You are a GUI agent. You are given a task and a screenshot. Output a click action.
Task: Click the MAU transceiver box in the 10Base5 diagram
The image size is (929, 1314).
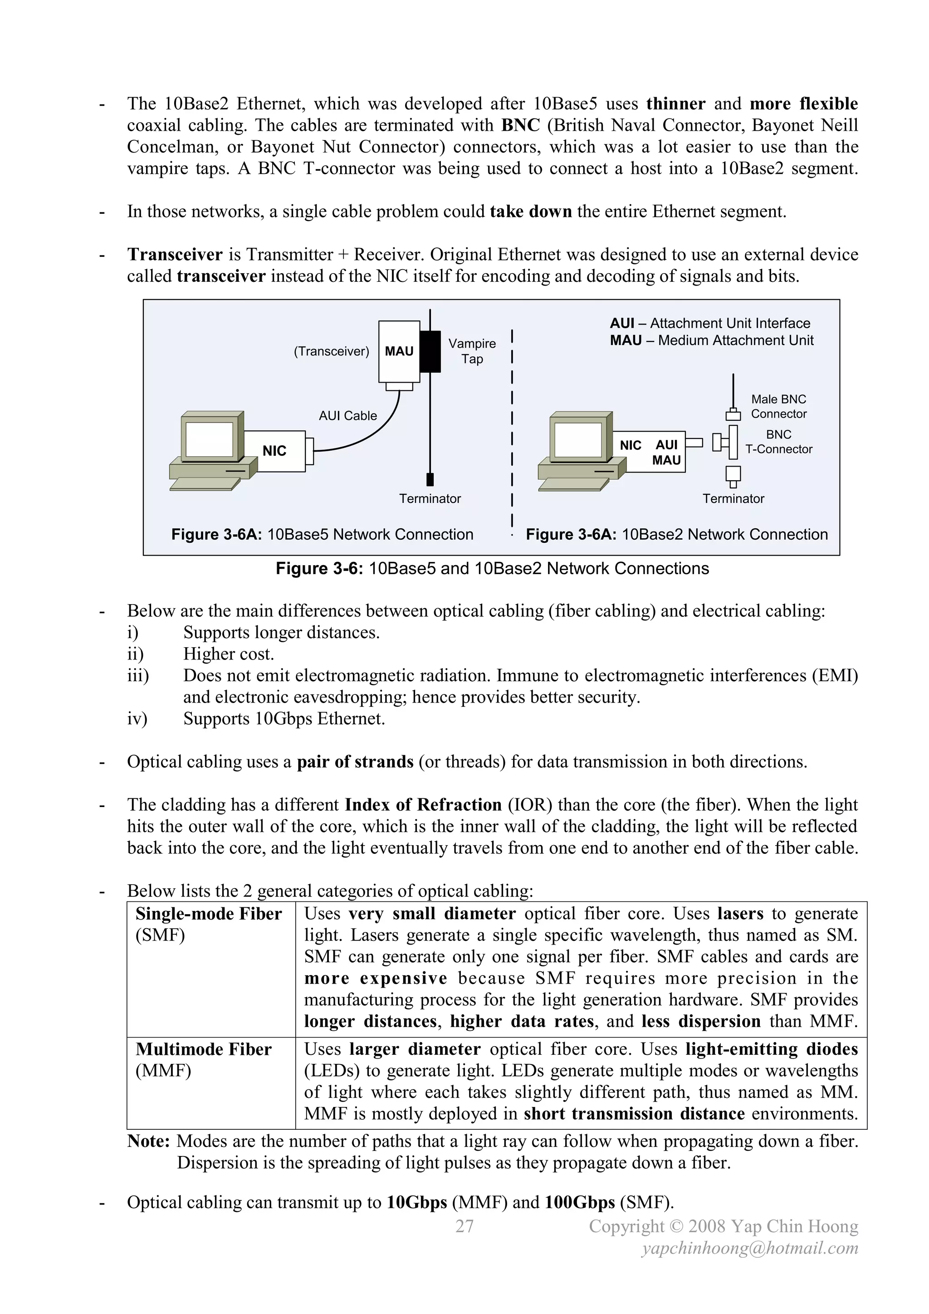pos(399,351)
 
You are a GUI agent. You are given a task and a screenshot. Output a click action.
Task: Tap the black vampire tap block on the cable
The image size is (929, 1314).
pos(430,351)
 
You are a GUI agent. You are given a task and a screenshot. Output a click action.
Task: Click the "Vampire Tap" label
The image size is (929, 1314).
pos(472,351)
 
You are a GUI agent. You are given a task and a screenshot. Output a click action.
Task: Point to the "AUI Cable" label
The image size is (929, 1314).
pos(348,415)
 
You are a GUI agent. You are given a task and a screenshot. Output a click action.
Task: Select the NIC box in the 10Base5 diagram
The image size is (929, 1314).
pos(274,451)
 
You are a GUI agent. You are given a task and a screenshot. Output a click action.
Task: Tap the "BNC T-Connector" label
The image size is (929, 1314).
pos(778,442)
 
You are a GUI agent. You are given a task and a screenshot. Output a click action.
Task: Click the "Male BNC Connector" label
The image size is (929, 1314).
pos(778,406)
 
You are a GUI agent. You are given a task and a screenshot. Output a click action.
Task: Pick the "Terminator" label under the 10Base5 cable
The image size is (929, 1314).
pos(430,498)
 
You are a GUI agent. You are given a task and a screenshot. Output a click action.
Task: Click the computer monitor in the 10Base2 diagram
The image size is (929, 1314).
pos(578,438)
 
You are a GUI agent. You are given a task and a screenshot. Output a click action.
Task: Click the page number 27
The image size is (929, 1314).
pos(464,1226)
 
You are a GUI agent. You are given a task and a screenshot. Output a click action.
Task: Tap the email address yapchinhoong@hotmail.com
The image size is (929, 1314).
pos(749,1248)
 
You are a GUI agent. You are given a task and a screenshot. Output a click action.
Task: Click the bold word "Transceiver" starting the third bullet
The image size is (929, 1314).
pos(175,255)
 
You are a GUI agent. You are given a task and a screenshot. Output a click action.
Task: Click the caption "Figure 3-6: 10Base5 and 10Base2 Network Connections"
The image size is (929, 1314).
pos(492,568)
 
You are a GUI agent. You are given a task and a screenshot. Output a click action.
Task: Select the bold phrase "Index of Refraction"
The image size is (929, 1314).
pos(423,805)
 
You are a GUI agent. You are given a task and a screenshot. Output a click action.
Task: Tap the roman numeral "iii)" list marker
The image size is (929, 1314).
pos(138,676)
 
